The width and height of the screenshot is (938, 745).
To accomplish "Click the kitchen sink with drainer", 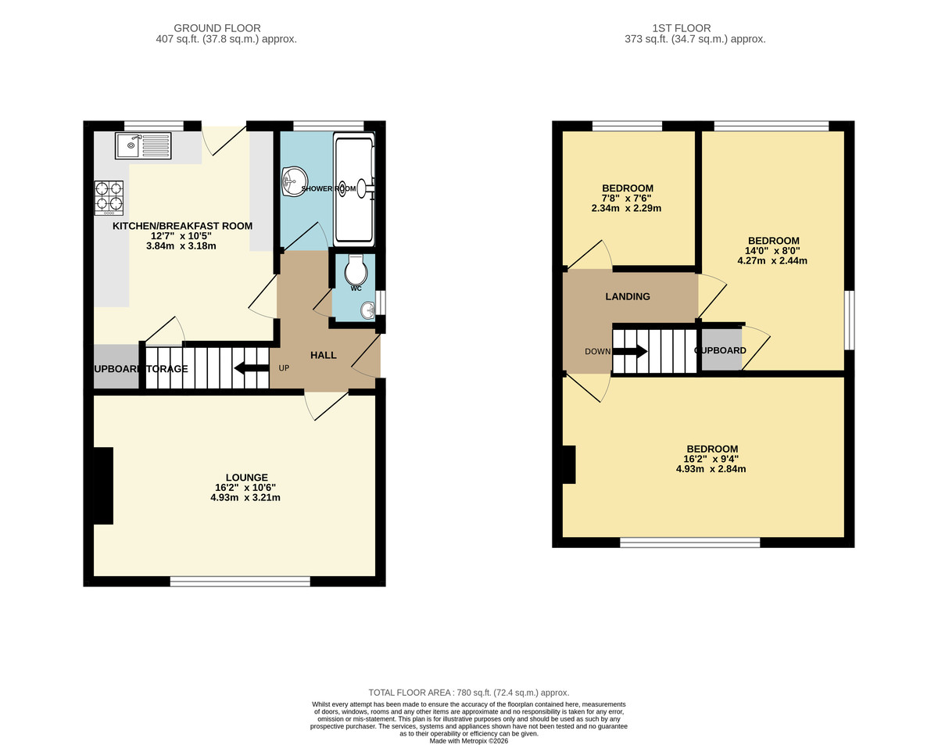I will coord(143,146).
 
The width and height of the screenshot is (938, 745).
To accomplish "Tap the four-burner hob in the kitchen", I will coord(109,198).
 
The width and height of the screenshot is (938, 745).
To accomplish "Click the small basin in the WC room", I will coord(367,311).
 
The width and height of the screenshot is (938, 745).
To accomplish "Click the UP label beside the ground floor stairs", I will coord(284,368).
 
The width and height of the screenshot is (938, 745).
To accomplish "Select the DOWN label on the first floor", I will coord(597,351).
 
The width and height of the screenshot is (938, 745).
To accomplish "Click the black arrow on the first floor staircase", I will coord(630,351).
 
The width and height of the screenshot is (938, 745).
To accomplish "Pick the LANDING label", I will coord(628,296).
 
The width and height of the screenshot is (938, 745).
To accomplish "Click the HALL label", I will coord(324,355).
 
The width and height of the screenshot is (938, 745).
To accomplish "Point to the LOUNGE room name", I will coord(247,477).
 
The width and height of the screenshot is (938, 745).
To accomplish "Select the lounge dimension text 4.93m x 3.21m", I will coord(245,497).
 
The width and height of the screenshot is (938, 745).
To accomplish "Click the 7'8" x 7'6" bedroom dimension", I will coord(627,199).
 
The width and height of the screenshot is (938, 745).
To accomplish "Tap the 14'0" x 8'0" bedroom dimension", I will coord(773,251).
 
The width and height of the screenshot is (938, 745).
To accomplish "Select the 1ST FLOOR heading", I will coord(695,28).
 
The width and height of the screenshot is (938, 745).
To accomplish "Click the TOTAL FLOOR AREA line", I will coord(469,693).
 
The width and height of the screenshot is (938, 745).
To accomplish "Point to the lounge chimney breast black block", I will coord(103,485).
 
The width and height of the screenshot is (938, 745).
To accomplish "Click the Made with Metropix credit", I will coord(469,740).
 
